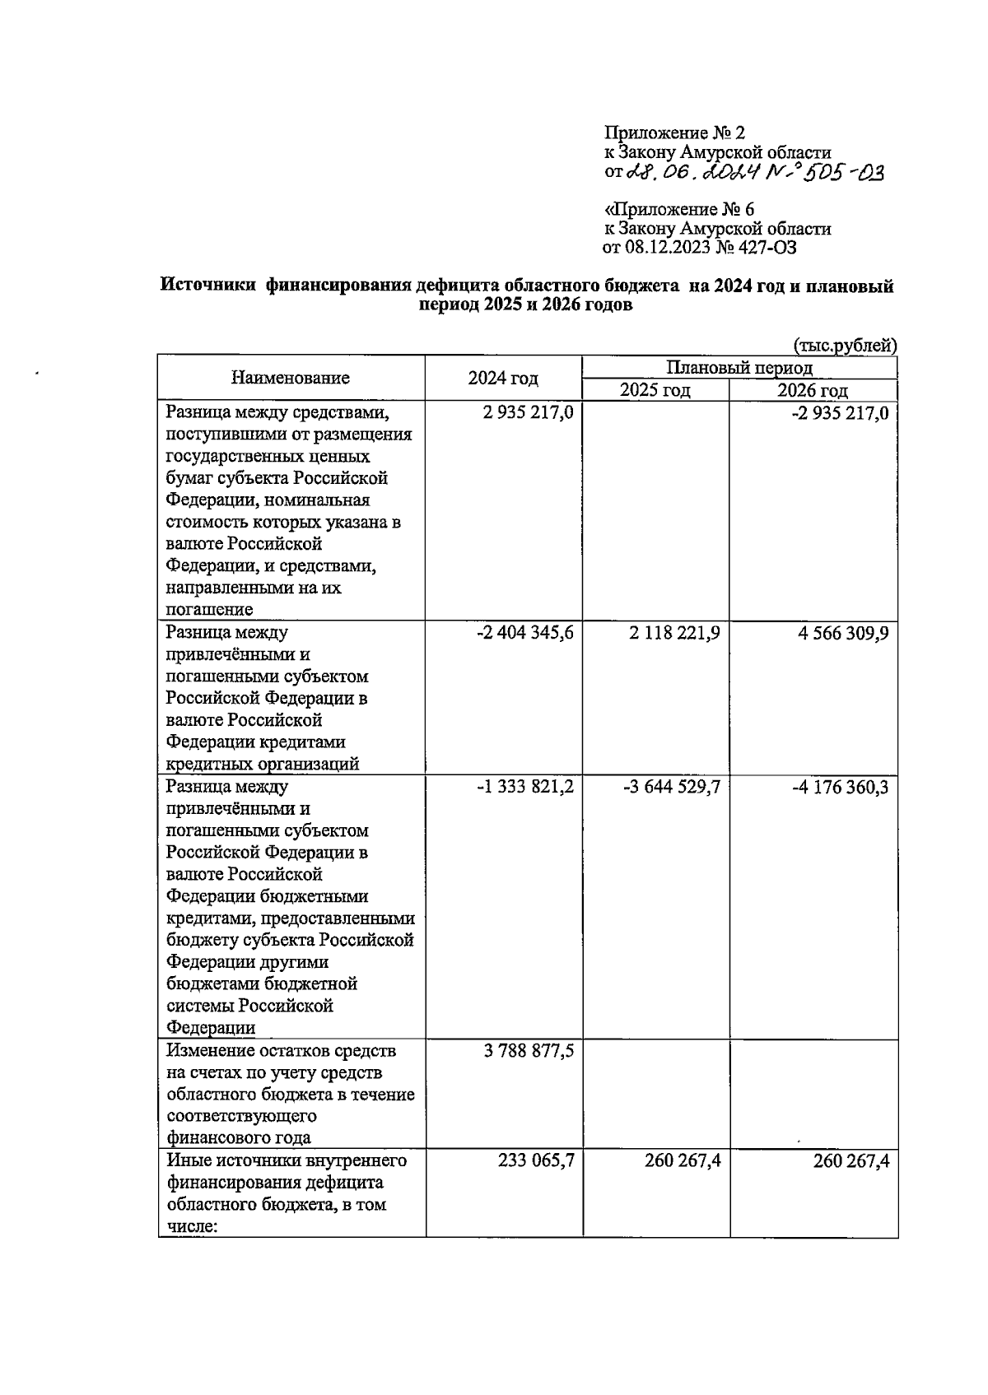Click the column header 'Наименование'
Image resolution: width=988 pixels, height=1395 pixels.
[290, 378]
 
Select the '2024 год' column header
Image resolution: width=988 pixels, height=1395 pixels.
[503, 378]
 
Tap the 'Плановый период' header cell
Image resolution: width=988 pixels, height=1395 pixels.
[739, 367]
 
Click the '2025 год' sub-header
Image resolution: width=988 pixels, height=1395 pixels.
[655, 390]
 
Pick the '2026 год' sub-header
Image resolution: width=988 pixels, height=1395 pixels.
[813, 390]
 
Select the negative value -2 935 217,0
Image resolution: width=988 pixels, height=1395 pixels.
[840, 412]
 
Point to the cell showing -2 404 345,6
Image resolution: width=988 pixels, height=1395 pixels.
[525, 633]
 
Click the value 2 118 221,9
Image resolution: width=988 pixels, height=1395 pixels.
[674, 633]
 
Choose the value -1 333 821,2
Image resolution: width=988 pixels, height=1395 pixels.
[525, 787]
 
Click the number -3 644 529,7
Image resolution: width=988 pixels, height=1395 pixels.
[672, 787]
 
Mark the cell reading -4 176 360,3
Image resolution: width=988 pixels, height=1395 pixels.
[840, 787]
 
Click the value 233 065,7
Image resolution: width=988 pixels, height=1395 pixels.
[536, 1160]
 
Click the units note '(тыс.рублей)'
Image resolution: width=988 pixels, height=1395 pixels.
[845, 346]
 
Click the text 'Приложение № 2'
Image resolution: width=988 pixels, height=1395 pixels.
[674, 133]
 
